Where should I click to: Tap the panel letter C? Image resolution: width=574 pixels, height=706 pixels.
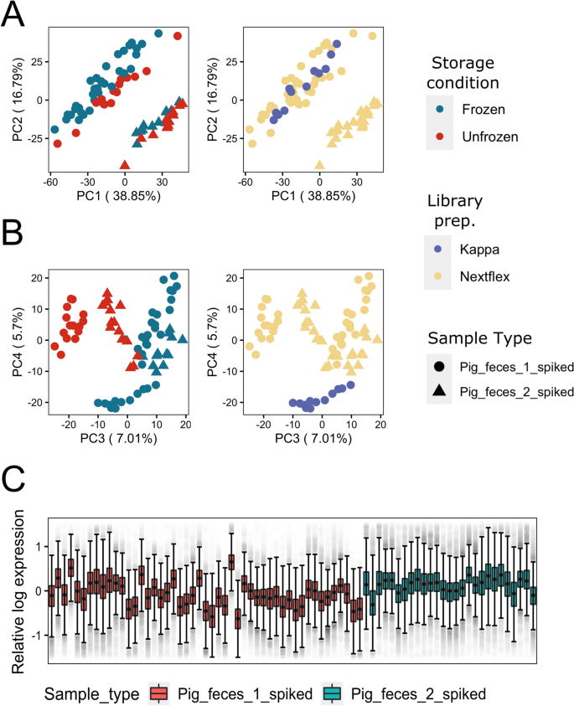click(17, 485)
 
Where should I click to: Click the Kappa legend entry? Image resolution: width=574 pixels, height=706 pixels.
click(478, 250)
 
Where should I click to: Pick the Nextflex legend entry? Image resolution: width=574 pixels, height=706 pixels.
click(484, 276)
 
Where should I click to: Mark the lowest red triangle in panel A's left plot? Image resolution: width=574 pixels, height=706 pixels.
click(126, 165)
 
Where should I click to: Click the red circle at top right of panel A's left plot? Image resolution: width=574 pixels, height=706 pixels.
click(178, 36)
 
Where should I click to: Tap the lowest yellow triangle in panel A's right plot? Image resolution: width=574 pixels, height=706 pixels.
click(319, 165)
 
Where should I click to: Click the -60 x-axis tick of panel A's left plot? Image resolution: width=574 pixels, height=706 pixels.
click(50, 181)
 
